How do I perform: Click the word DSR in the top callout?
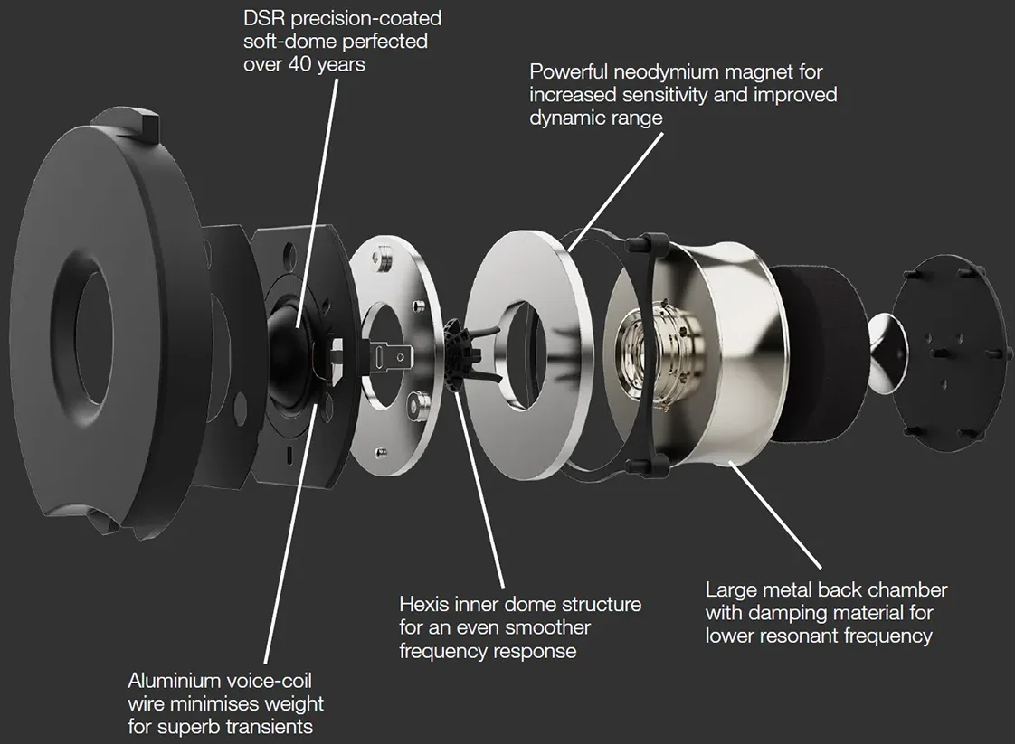click(264, 18)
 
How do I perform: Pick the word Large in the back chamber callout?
click(727, 590)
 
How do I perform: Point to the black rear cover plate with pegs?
click(945, 353)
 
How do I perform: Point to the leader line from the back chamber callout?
click(775, 514)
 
